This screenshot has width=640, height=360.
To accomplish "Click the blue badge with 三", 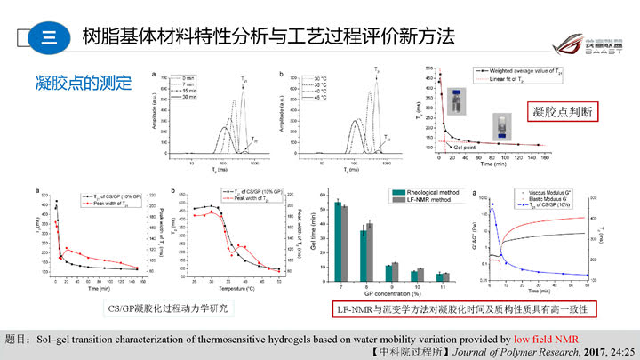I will tap(49, 37).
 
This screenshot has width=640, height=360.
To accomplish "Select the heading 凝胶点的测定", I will tap(84, 85).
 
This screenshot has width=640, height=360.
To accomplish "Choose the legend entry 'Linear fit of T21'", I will tap(510, 79).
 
